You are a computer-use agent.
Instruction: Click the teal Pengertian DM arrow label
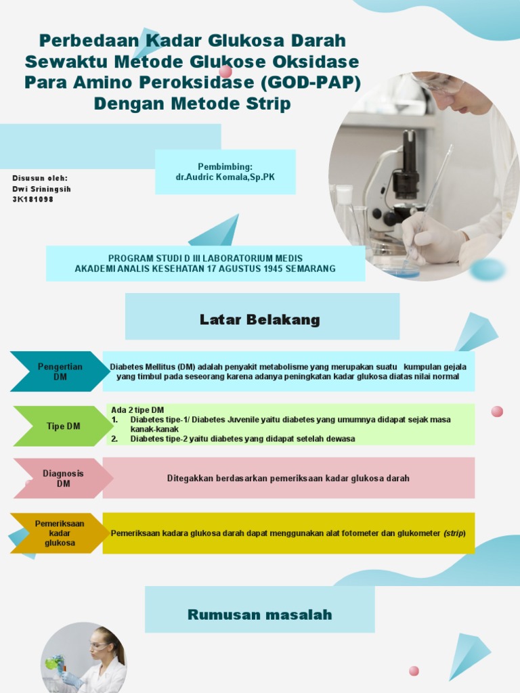pyautogui.click(x=60, y=372)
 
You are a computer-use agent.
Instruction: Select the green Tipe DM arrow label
pyautogui.click(x=63, y=426)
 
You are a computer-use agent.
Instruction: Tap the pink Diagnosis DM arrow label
pyautogui.click(x=63, y=478)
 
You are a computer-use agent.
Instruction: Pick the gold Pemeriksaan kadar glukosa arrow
pyautogui.click(x=60, y=533)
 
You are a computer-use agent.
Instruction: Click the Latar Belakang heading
pyautogui.click(x=260, y=319)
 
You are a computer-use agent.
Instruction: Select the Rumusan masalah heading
pyautogui.click(x=260, y=614)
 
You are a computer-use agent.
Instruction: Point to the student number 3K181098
pyautogui.click(x=32, y=200)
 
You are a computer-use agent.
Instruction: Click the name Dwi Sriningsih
pyautogui.click(x=41, y=189)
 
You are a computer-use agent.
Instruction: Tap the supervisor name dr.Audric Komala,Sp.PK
pyautogui.click(x=225, y=177)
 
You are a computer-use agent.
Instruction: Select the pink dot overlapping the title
pyautogui.click(x=225, y=71)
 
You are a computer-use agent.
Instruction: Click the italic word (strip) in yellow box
pyautogui.click(x=454, y=533)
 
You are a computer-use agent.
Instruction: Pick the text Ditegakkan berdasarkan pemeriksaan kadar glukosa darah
pyautogui.click(x=288, y=478)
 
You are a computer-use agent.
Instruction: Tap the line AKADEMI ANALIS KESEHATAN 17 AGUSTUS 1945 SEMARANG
pyautogui.click(x=205, y=269)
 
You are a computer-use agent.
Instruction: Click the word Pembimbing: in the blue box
pyautogui.click(x=225, y=166)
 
